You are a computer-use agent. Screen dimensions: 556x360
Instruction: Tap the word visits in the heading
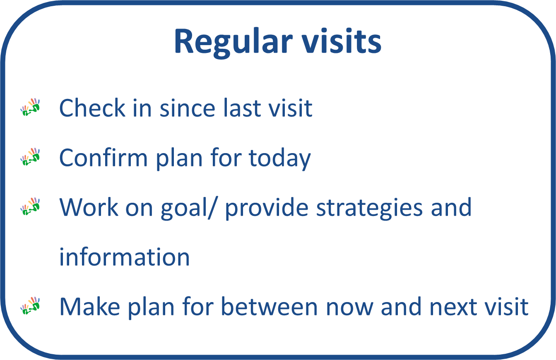click(x=342, y=41)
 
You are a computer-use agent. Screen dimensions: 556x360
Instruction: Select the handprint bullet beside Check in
click(x=30, y=107)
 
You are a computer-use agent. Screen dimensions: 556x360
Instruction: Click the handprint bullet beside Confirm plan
click(x=30, y=157)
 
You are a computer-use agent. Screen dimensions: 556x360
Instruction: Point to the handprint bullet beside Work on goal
click(x=30, y=206)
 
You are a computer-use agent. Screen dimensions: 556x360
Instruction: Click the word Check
click(x=92, y=108)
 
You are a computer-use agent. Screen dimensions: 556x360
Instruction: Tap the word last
click(x=242, y=108)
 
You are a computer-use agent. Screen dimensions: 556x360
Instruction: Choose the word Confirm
click(x=103, y=158)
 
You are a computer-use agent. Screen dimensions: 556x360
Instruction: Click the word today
click(x=280, y=159)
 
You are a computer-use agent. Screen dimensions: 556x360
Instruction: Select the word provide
click(x=267, y=209)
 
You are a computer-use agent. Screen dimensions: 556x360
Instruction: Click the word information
click(x=125, y=257)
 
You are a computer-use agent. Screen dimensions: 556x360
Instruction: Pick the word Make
click(x=89, y=306)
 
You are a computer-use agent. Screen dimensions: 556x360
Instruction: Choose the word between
click(x=270, y=306)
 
